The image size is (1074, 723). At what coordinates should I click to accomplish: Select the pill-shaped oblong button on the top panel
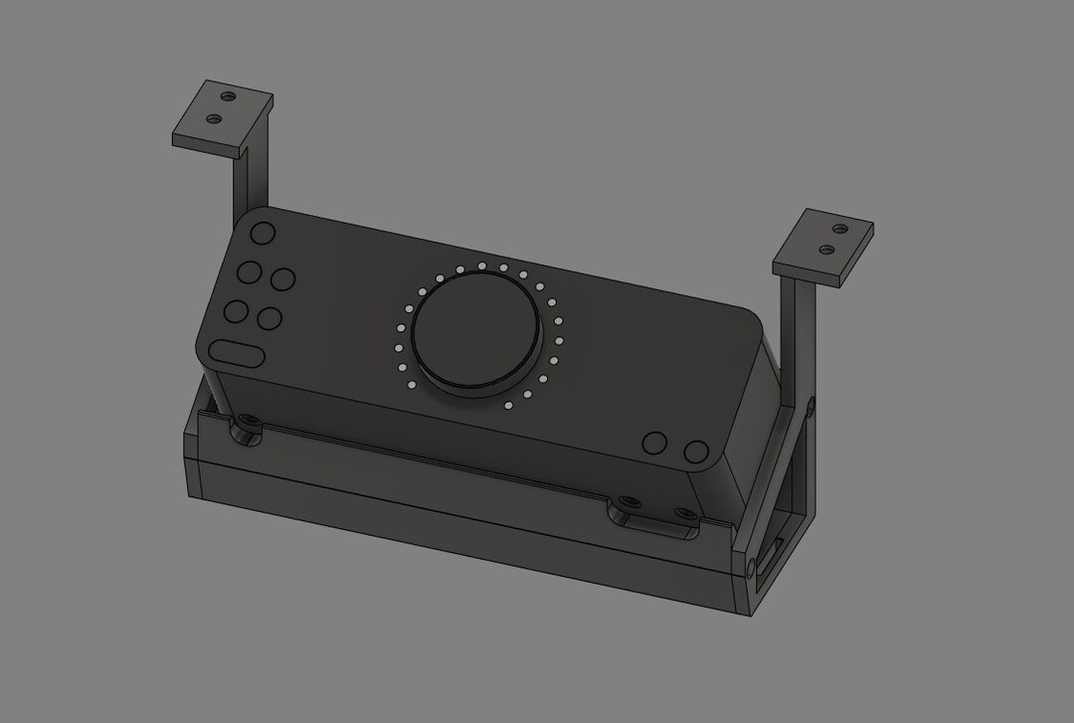point(236,353)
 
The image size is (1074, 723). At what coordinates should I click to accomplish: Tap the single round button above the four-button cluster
point(263,234)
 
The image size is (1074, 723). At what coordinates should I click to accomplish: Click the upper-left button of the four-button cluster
point(249,272)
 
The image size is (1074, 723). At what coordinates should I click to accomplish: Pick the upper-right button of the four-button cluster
point(283,280)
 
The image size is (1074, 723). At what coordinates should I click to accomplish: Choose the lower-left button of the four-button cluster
point(236,311)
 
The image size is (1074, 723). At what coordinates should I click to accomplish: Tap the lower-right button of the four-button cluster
point(269,319)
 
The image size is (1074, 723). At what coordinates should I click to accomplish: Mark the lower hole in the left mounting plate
point(212,119)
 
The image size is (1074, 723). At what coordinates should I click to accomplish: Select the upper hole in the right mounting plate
point(841,228)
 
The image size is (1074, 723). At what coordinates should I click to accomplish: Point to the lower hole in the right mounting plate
point(826,248)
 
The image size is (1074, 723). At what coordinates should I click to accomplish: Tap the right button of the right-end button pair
point(695,452)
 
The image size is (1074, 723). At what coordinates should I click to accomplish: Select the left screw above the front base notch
point(625,501)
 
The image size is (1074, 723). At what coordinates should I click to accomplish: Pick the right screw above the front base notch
point(685,513)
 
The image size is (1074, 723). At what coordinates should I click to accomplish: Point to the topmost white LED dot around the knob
point(481,266)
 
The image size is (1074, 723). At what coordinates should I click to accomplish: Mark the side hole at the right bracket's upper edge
point(810,406)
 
